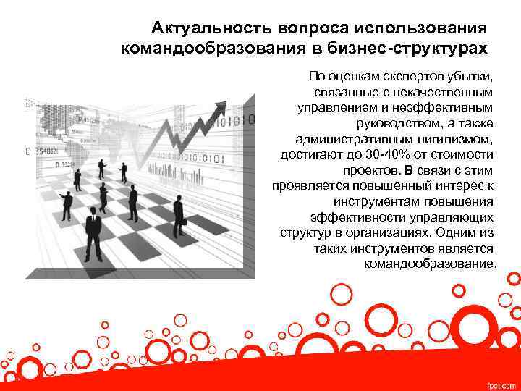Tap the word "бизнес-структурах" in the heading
pyautogui.click(x=420, y=48)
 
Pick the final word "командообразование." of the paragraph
pyautogui.click(x=431, y=264)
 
